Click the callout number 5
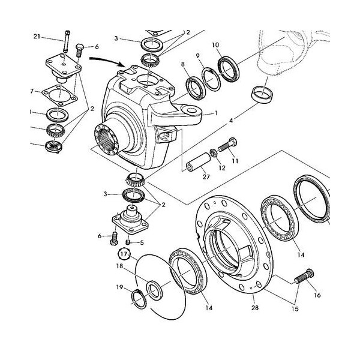[x=141, y=243]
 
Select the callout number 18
[x=119, y=266]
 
